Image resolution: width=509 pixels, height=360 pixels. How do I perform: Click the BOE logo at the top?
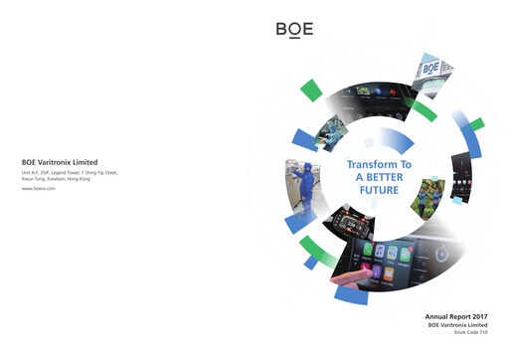coord(294,29)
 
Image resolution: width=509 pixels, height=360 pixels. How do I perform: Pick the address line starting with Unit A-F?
coord(70,172)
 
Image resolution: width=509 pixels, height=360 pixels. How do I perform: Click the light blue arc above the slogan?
coord(388,140)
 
